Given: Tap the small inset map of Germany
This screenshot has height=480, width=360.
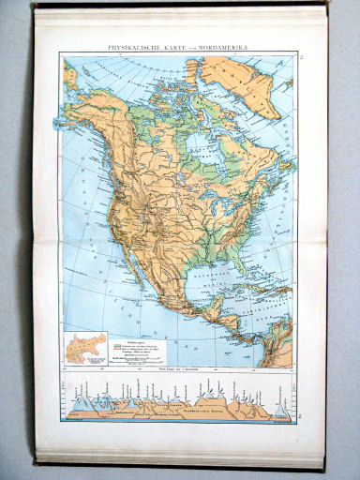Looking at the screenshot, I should (x=79, y=347).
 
